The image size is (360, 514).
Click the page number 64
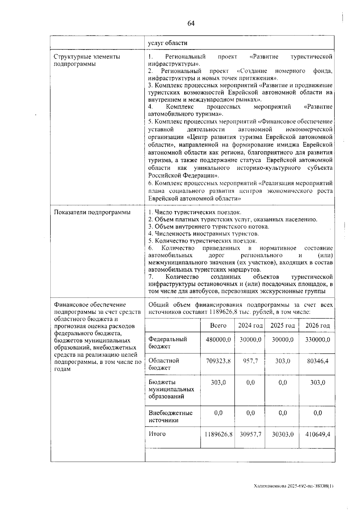pos(191,23)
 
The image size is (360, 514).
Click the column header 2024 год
pos(250,325)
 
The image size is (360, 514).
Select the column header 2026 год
pos(317,325)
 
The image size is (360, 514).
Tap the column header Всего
pos(218,325)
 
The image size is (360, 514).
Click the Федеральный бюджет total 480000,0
pos(218,340)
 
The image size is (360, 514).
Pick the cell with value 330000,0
pos(317,340)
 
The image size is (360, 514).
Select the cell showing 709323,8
pos(218,361)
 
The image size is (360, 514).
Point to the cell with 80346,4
pos(317,361)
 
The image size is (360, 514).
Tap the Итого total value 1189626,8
pos(218,434)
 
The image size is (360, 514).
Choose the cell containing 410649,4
pos(317,434)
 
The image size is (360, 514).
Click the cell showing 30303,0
pos(282,434)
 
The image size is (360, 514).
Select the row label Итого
pos(157,434)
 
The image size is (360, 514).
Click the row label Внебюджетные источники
pos(170,416)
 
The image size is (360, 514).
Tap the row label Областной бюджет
pos(164,364)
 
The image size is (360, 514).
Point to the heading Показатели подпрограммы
pos(92,213)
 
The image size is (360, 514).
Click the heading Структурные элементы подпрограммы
pos(87,60)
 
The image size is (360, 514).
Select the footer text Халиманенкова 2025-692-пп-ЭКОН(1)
pos(293,485)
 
